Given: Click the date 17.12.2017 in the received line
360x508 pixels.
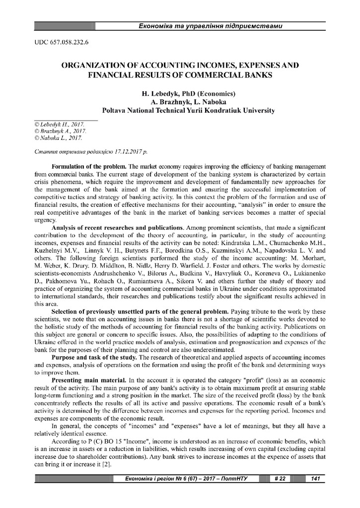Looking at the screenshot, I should pos(124,149).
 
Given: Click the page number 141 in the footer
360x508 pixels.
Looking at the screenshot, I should pos(315,478).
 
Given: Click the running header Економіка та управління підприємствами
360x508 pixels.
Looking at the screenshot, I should pos(211,25).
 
